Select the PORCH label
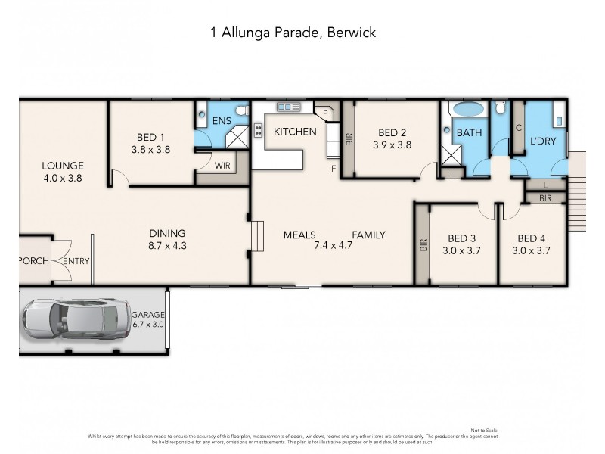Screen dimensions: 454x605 tap(33, 261)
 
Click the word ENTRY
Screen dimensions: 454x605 tap(76, 261)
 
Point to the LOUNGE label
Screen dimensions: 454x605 tap(62, 166)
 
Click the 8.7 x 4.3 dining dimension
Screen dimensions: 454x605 tap(167, 246)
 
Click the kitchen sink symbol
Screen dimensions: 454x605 tap(288, 107)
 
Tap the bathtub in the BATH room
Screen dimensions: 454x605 tap(469, 110)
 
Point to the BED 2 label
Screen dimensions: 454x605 tap(392, 132)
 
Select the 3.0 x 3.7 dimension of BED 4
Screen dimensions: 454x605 tap(532, 250)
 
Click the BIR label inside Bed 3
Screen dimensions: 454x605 tap(423, 245)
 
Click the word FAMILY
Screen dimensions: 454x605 tap(368, 235)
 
